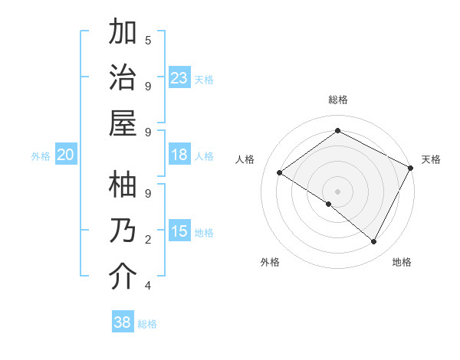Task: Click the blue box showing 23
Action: (x=179, y=77)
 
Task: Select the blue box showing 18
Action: (x=179, y=155)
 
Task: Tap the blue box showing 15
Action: (x=179, y=231)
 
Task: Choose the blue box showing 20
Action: (x=66, y=155)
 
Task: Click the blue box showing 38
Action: (x=123, y=322)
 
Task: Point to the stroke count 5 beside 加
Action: (x=148, y=40)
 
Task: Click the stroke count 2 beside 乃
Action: (x=148, y=240)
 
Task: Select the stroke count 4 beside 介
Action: (x=148, y=286)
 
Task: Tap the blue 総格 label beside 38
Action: (x=147, y=324)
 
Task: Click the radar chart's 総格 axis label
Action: (x=337, y=100)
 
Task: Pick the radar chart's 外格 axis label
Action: (x=270, y=262)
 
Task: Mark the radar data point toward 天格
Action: (x=411, y=169)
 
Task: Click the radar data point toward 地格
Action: (x=374, y=242)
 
